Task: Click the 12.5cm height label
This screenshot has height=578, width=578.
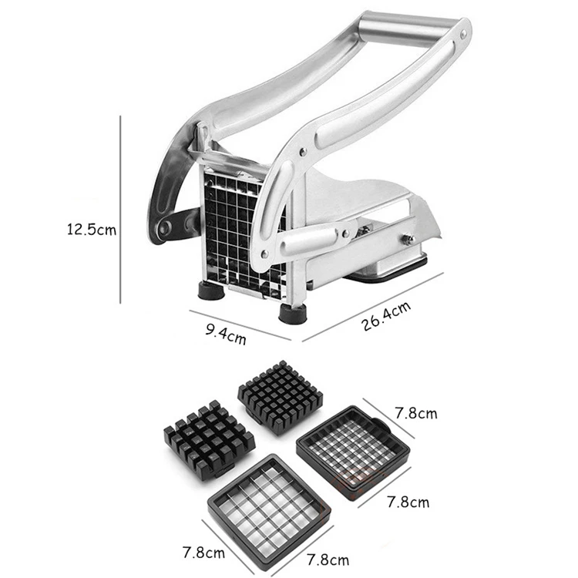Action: [91, 230]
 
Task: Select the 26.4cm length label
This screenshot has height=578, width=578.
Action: [385, 317]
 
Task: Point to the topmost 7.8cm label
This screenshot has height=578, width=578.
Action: [415, 413]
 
